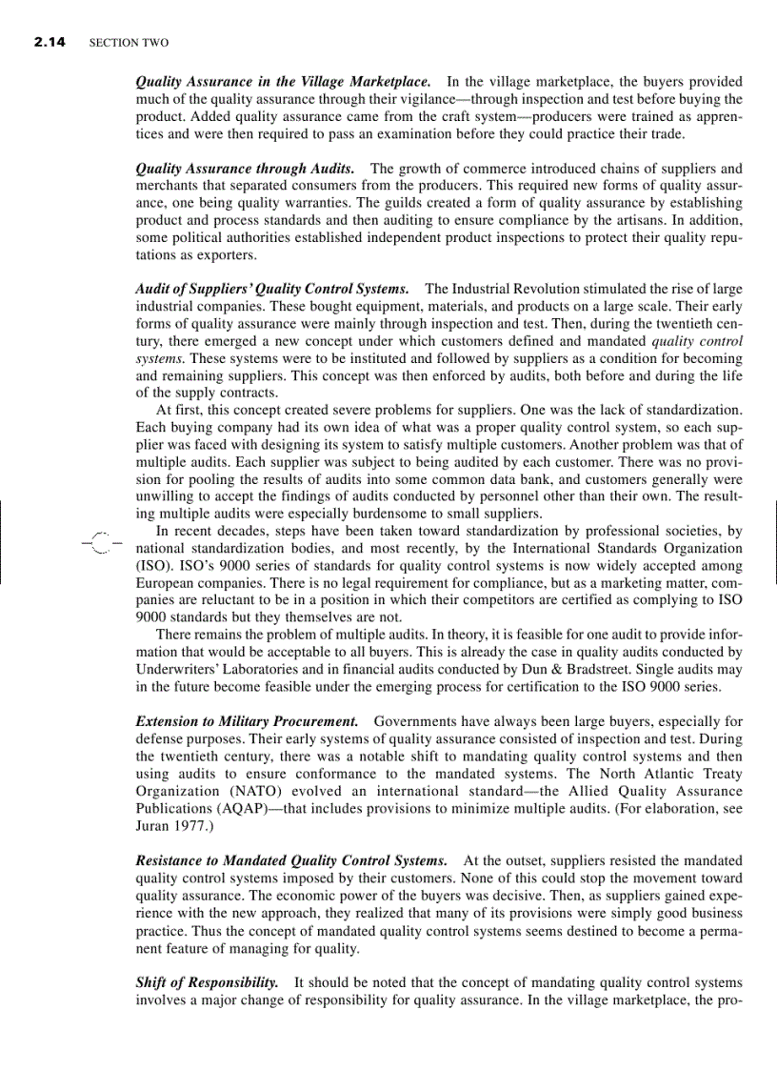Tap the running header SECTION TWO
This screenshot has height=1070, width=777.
(128, 43)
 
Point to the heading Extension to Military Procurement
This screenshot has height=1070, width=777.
(248, 721)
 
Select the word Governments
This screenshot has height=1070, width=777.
(414, 721)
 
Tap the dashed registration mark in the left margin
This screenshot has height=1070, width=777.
(102, 541)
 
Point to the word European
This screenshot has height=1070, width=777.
(169, 581)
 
